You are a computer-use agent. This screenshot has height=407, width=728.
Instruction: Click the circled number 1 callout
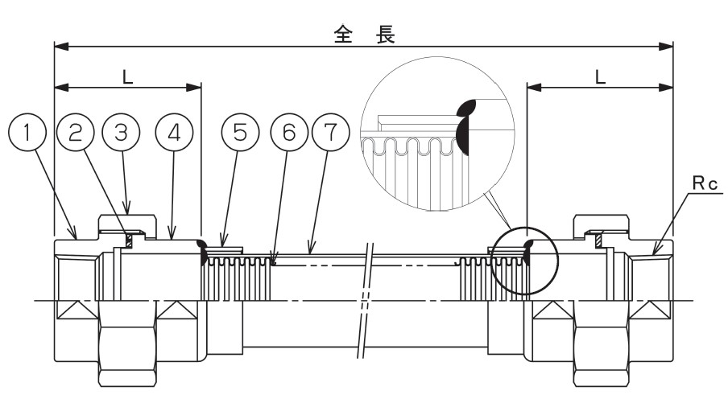27,133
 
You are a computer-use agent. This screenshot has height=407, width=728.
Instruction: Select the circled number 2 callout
75,133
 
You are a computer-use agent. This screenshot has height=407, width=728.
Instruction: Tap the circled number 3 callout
121,133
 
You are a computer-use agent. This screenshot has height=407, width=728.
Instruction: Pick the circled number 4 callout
174,133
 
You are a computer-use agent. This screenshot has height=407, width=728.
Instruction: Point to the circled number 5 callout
239,133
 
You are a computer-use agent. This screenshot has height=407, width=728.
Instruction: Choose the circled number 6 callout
289,133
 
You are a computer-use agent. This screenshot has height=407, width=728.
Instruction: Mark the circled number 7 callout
330,133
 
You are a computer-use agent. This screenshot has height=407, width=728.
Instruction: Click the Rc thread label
705,183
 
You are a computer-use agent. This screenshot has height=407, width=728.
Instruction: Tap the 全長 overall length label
365,35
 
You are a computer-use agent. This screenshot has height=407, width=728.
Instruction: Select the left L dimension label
128,77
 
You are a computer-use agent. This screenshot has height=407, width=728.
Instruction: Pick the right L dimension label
600,77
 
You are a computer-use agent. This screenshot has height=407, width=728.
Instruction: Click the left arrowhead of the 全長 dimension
61,47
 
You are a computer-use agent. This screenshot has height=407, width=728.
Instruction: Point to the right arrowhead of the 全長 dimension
666,47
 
